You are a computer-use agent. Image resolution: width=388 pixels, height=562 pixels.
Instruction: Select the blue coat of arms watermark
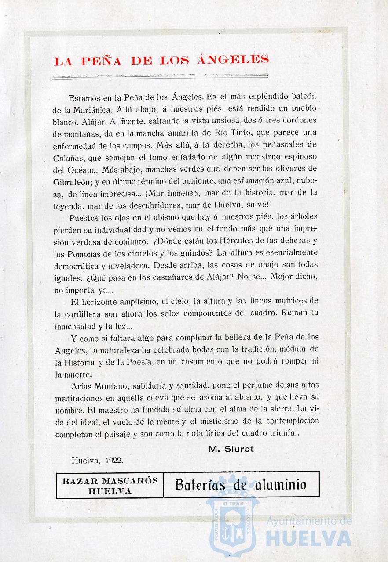[x=231, y=522]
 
